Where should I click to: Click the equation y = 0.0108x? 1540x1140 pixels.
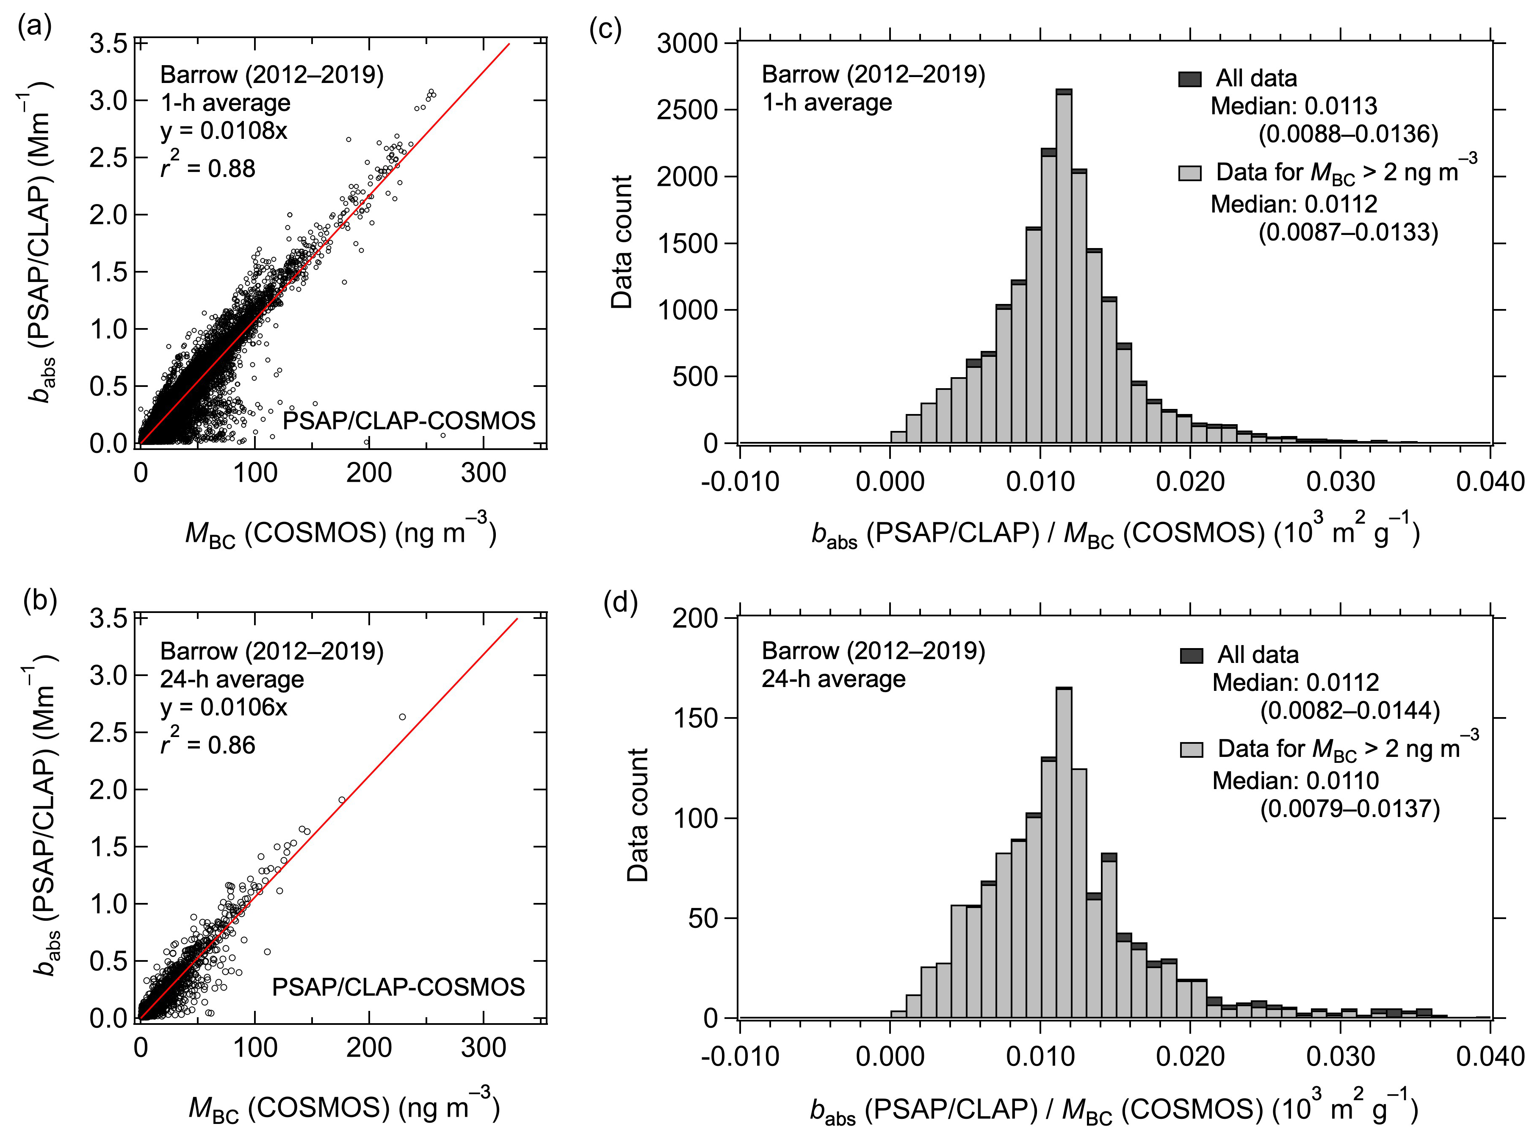pyautogui.click(x=224, y=130)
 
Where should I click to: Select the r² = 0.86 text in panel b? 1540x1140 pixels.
pyautogui.click(x=208, y=743)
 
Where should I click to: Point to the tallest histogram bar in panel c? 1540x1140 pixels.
pyautogui.click(x=1064, y=269)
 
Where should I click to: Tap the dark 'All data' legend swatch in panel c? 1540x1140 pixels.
pyautogui.click(x=1189, y=79)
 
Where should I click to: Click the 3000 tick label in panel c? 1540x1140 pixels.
pyautogui.click(x=688, y=44)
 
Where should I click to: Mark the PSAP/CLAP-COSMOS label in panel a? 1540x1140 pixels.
pyautogui.click(x=409, y=420)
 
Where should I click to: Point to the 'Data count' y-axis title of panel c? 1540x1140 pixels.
pyautogui.click(x=621, y=242)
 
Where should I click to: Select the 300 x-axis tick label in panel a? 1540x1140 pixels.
pyautogui.click(x=483, y=473)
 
